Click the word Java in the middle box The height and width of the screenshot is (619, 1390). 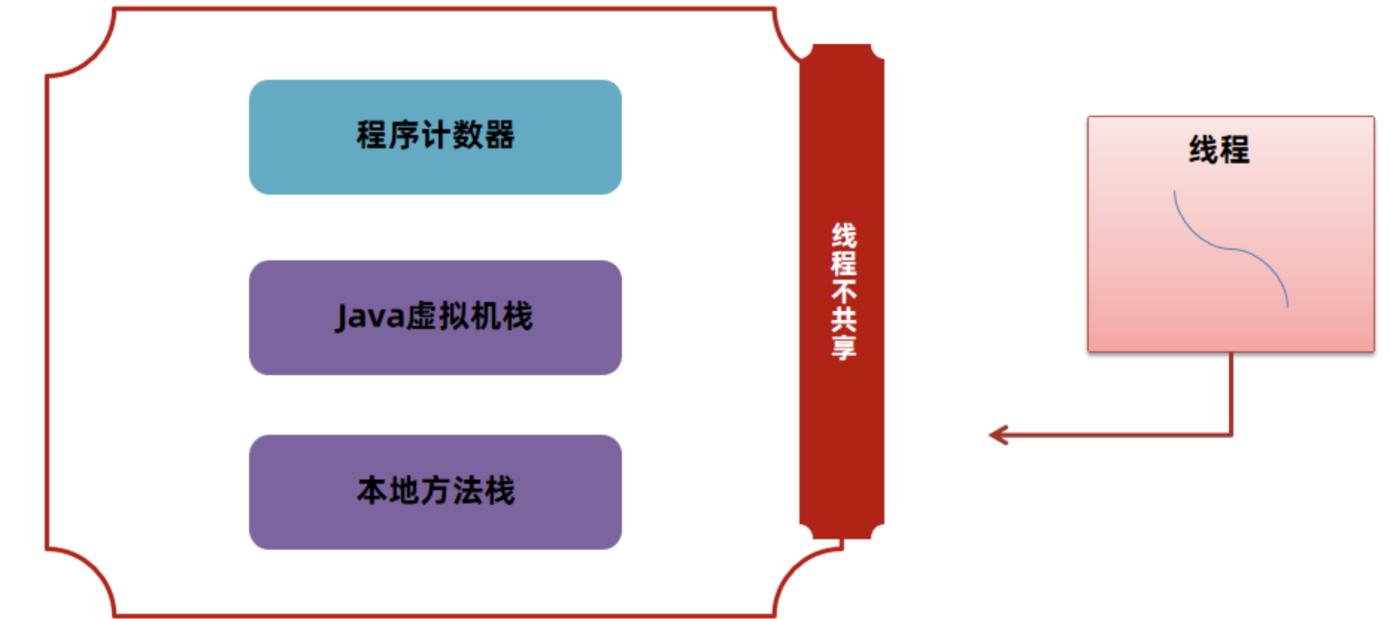369,316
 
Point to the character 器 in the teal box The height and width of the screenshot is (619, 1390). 499,135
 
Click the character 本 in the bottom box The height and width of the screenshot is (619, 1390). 371,491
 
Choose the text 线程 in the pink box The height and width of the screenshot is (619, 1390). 1218,149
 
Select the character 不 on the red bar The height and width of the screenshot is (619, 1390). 843,292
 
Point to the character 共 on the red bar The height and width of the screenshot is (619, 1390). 843,320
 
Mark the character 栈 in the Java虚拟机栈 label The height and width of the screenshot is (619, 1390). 518,316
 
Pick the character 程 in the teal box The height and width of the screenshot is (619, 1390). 371,135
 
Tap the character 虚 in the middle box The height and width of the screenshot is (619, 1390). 421,316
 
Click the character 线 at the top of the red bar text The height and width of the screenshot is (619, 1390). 843,236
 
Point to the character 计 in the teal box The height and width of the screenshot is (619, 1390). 435,135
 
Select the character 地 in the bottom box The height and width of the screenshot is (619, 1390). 403,491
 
